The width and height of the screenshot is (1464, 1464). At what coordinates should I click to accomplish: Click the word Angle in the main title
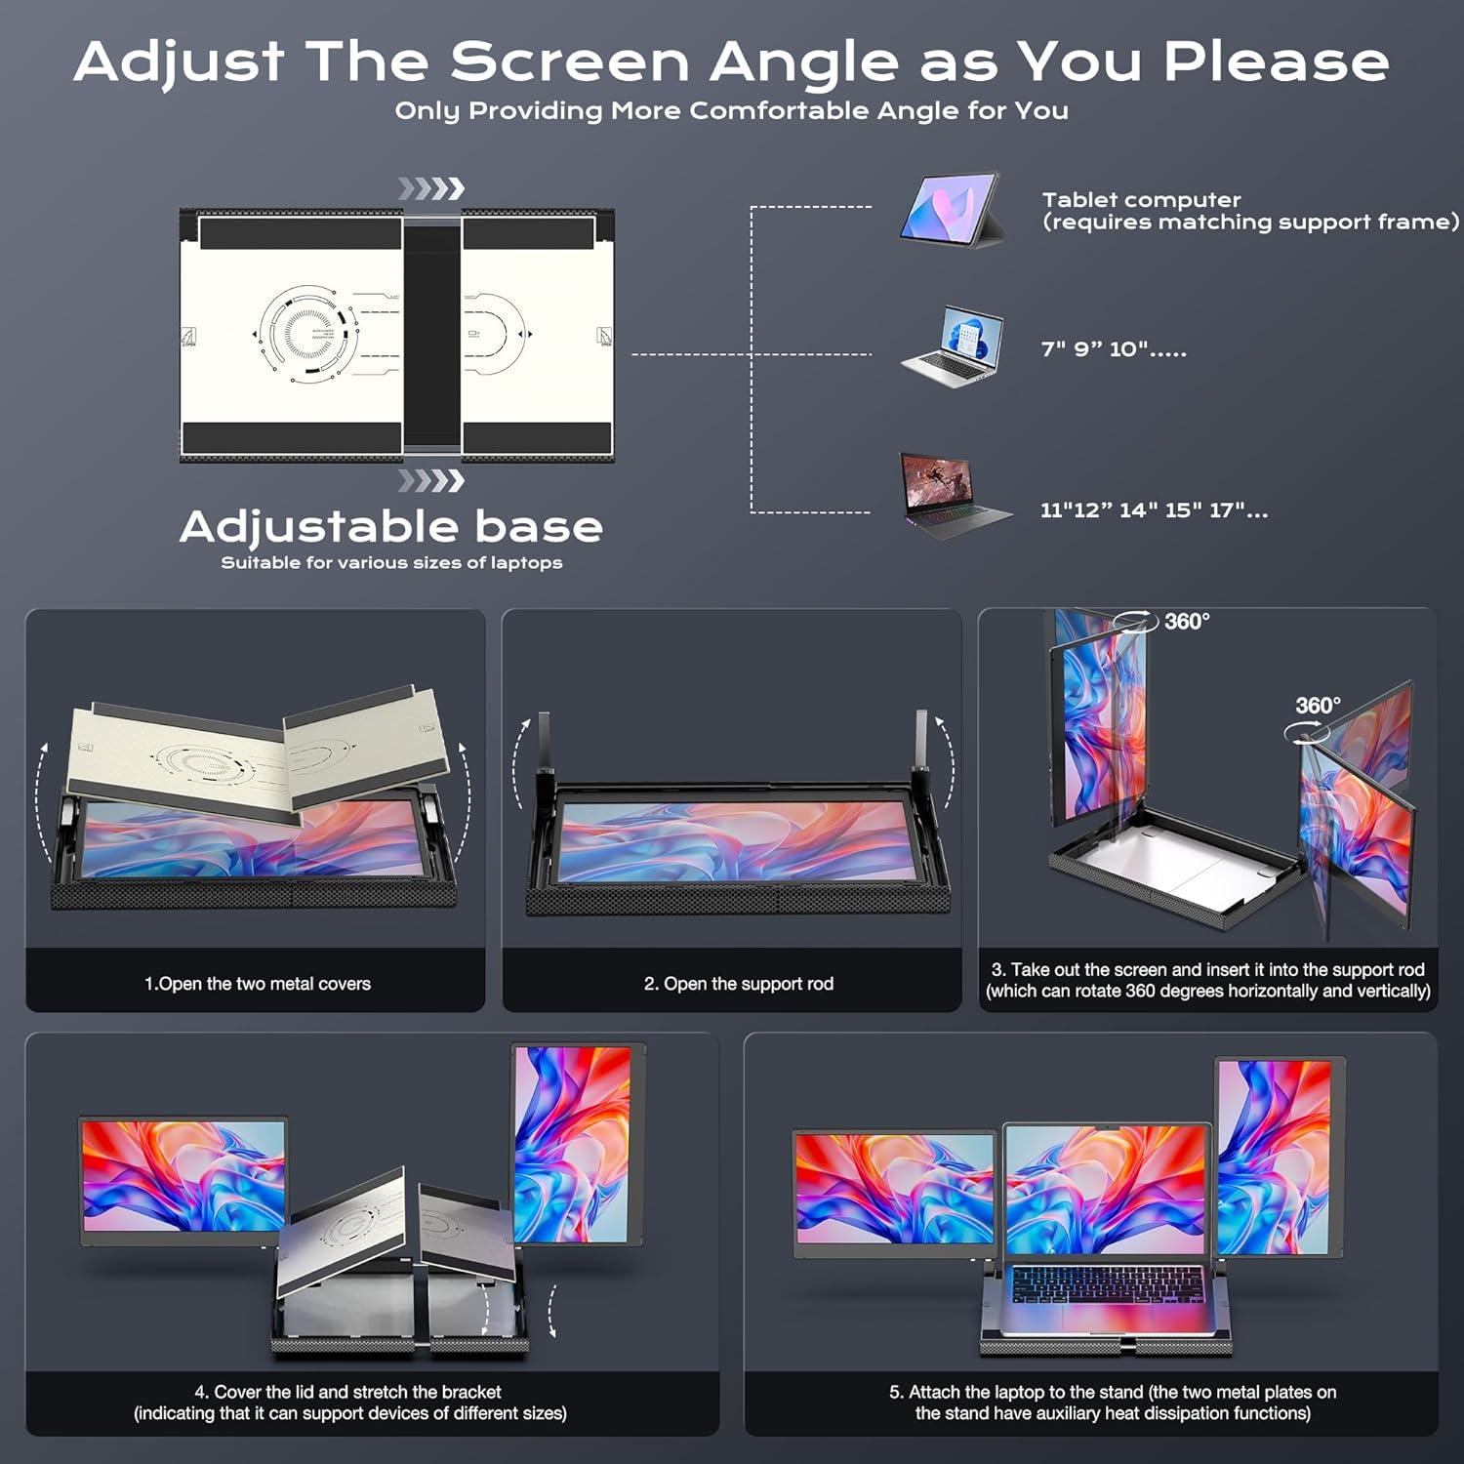tap(802, 62)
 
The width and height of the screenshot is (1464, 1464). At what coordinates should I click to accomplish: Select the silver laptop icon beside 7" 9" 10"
tap(953, 348)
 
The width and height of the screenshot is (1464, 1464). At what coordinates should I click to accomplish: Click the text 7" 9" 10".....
tap(1113, 349)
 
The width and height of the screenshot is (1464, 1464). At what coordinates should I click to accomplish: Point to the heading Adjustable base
tap(390, 527)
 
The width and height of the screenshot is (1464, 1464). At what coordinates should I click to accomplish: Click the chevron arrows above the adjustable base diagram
tap(430, 188)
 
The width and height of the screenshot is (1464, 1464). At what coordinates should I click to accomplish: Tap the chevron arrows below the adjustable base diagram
tap(430, 480)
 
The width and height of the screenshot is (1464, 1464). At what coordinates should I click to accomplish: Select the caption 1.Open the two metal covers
tap(258, 984)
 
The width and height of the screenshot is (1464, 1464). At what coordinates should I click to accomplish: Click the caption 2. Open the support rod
tap(739, 984)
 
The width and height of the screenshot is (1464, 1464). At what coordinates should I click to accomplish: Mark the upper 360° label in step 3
tap(1186, 622)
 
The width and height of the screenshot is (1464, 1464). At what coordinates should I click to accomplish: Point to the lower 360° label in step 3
tap(1318, 706)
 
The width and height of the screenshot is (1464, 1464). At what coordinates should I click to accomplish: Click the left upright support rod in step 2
tap(545, 747)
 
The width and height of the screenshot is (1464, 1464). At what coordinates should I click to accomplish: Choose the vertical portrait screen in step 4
tap(574, 1144)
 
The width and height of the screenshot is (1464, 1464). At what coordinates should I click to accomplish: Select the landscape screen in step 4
tap(183, 1178)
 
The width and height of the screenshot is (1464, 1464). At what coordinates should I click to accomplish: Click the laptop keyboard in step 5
tap(1108, 1282)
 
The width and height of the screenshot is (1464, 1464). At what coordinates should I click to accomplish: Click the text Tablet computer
tap(1141, 200)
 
